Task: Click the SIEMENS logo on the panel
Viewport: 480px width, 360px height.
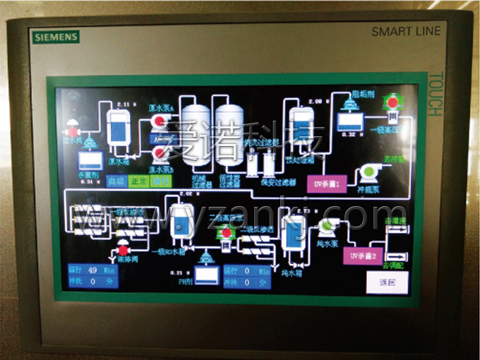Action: coord(55,36)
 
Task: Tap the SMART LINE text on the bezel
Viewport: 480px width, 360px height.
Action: coord(406,31)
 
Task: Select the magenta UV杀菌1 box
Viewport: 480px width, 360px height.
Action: coord(327,184)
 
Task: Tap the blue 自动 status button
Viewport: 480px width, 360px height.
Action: coord(116,181)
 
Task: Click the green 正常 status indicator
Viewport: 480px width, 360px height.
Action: coord(138,181)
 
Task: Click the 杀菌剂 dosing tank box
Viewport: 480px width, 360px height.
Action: coord(90,160)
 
